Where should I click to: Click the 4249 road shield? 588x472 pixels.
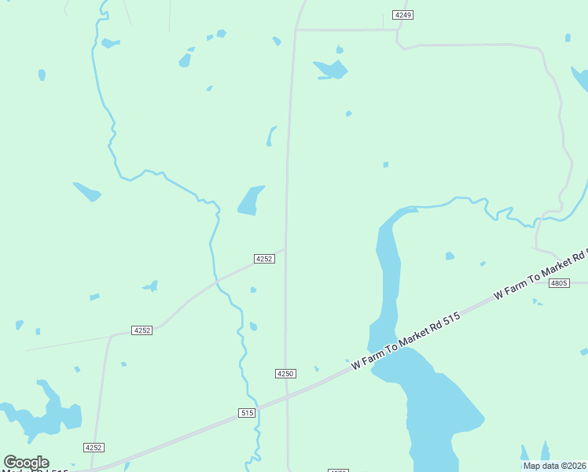[403, 15]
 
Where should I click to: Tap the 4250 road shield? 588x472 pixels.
[285, 373]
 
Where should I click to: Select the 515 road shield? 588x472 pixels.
[247, 412]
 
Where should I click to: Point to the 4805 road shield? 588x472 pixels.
[559, 282]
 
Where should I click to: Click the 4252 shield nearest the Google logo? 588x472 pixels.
[94, 447]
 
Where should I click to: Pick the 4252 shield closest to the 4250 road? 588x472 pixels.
[264, 259]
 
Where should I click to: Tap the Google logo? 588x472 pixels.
[26, 463]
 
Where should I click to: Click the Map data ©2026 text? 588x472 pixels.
[555, 466]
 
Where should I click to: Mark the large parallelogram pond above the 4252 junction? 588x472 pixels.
[251, 200]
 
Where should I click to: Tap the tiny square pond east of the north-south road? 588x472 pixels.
[385, 164]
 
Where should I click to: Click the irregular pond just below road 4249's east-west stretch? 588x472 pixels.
[331, 70]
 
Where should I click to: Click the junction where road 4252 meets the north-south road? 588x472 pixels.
[285, 249]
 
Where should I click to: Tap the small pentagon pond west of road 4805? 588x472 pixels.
[450, 256]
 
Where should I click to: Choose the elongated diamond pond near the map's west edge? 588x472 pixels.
[87, 192]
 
